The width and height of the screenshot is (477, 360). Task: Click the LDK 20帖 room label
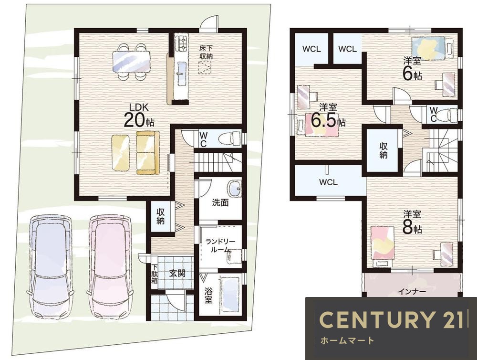pyautogui.click(x=139, y=115)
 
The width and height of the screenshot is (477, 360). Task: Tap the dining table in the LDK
pyautogui.click(x=132, y=61)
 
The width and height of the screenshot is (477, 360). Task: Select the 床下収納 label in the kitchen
pyautogui.click(x=206, y=52)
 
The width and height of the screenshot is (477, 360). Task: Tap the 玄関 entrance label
pyautogui.click(x=177, y=273)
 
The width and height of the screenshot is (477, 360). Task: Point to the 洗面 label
pyautogui.click(x=220, y=202)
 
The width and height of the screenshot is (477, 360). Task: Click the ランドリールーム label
pyautogui.click(x=220, y=246)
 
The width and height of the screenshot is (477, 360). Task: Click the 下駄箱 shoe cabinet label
pyautogui.click(x=155, y=274)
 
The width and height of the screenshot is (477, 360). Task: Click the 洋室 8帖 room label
pyautogui.click(x=412, y=222)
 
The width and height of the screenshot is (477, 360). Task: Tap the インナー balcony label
pyautogui.click(x=412, y=291)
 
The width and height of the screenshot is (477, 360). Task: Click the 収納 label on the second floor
pyautogui.click(x=384, y=150)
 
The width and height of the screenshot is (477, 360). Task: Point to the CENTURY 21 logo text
pyautogui.click(x=391, y=320)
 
